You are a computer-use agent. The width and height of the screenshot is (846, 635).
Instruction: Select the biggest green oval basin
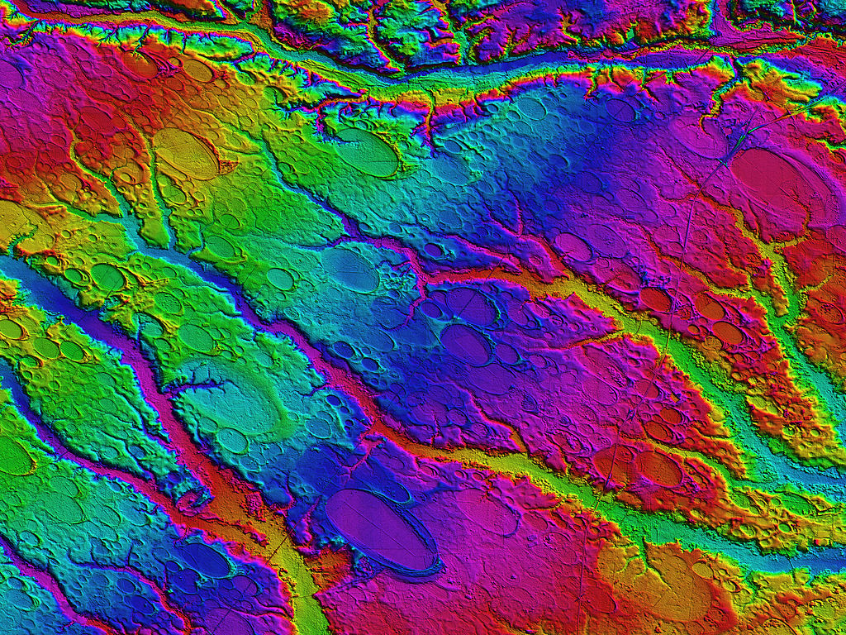point(367,152)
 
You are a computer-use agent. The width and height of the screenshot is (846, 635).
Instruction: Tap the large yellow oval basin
point(187,154)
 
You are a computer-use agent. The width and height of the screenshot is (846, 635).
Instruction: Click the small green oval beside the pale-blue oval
point(280,279)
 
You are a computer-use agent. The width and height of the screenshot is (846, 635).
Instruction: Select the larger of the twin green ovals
point(107,277)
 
